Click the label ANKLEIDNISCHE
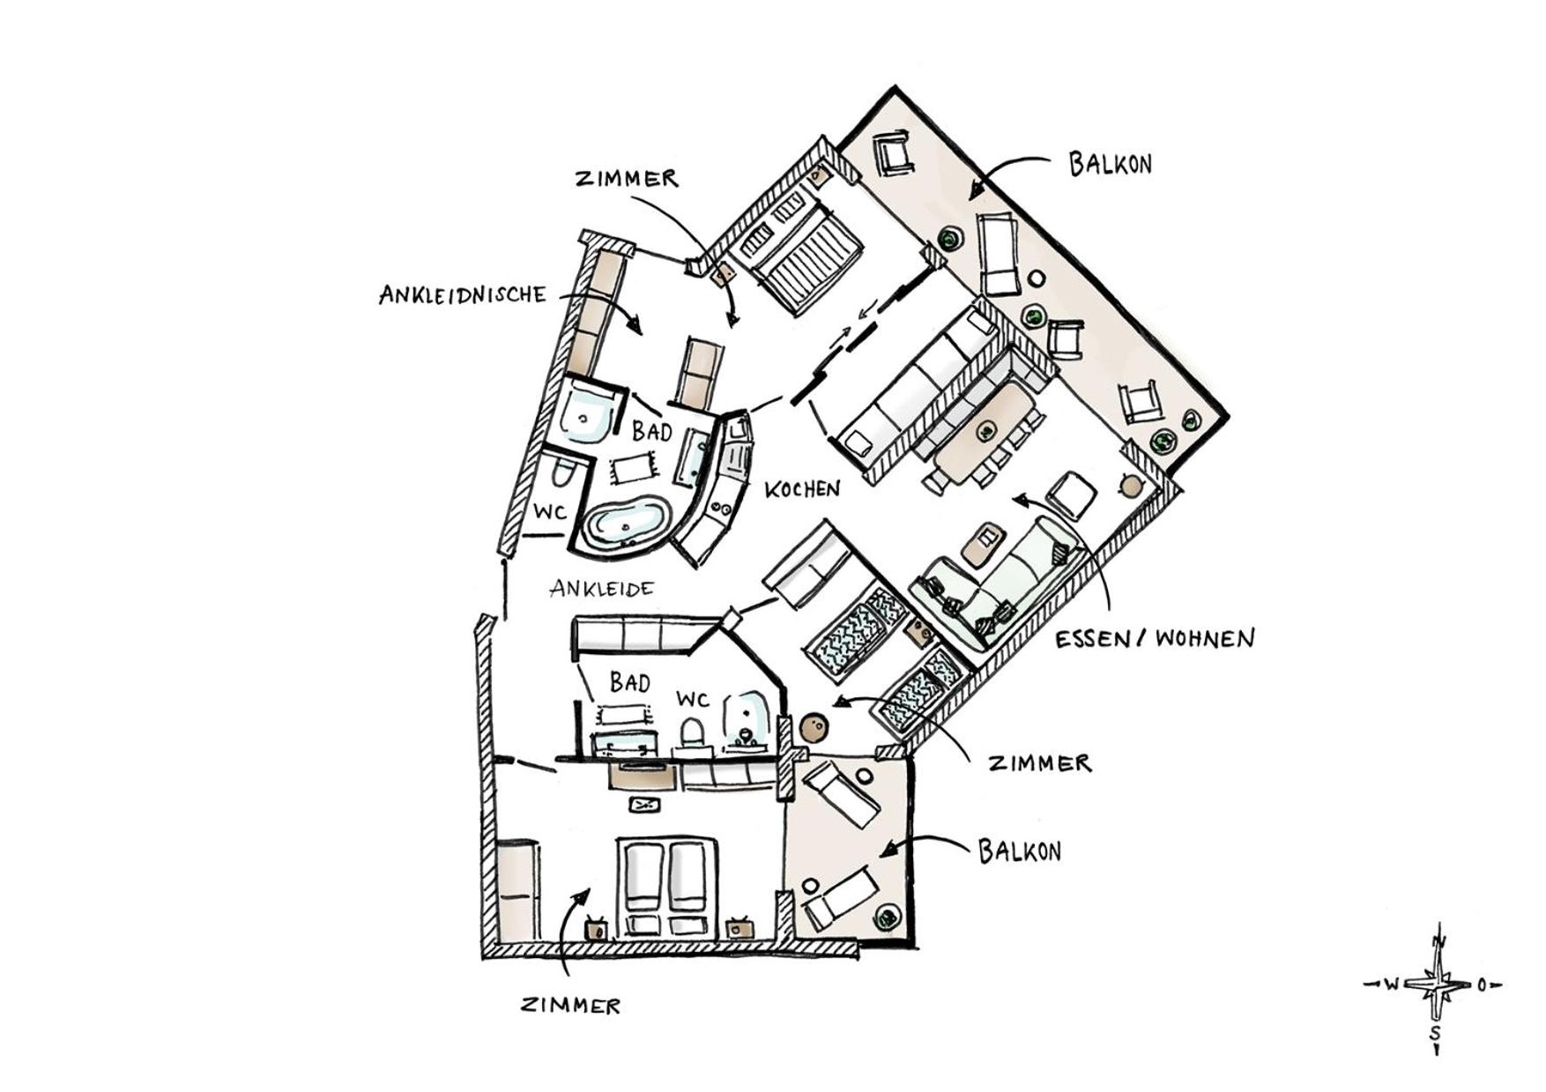click(x=463, y=294)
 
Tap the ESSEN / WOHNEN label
click(x=1155, y=638)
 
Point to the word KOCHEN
click(x=802, y=489)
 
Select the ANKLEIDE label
click(x=602, y=588)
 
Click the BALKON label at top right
click(x=1111, y=164)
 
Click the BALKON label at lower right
click(x=1020, y=851)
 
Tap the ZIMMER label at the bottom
click(x=570, y=1005)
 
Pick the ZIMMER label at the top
click(x=628, y=178)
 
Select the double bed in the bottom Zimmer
click(x=668, y=887)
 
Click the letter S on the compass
click(x=1437, y=1032)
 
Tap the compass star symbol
click(x=1438, y=984)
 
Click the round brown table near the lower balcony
click(x=813, y=728)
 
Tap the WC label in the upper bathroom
click(x=550, y=512)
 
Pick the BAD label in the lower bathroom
click(x=629, y=682)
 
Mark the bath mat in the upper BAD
click(x=633, y=468)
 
